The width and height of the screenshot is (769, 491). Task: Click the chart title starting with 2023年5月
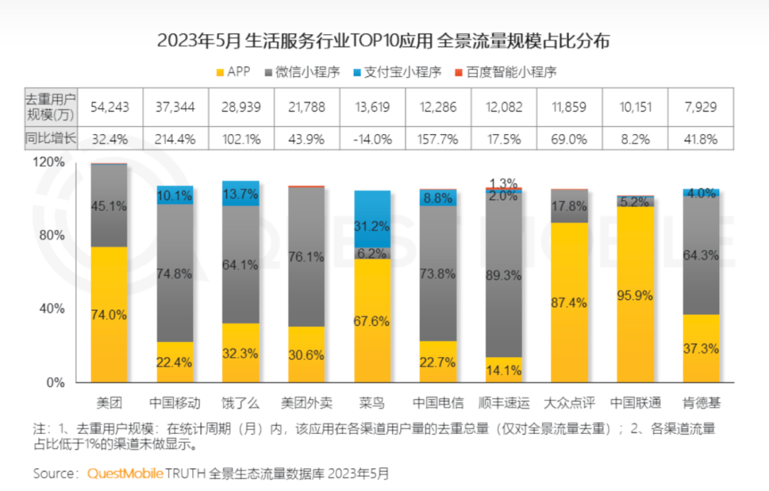384,41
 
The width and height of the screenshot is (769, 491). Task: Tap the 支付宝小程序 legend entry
397,72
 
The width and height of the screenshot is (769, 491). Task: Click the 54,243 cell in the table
110,107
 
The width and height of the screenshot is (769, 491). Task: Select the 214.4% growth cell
175,139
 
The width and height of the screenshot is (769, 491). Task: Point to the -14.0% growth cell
372,139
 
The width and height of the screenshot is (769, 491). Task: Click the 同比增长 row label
51,139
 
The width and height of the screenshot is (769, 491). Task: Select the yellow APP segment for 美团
109,314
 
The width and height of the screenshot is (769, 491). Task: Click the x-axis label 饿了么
241,403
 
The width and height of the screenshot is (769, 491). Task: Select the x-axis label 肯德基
701,403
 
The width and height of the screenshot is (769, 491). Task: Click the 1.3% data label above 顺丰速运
504,182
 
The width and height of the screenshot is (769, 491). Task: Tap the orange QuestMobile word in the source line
125,473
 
